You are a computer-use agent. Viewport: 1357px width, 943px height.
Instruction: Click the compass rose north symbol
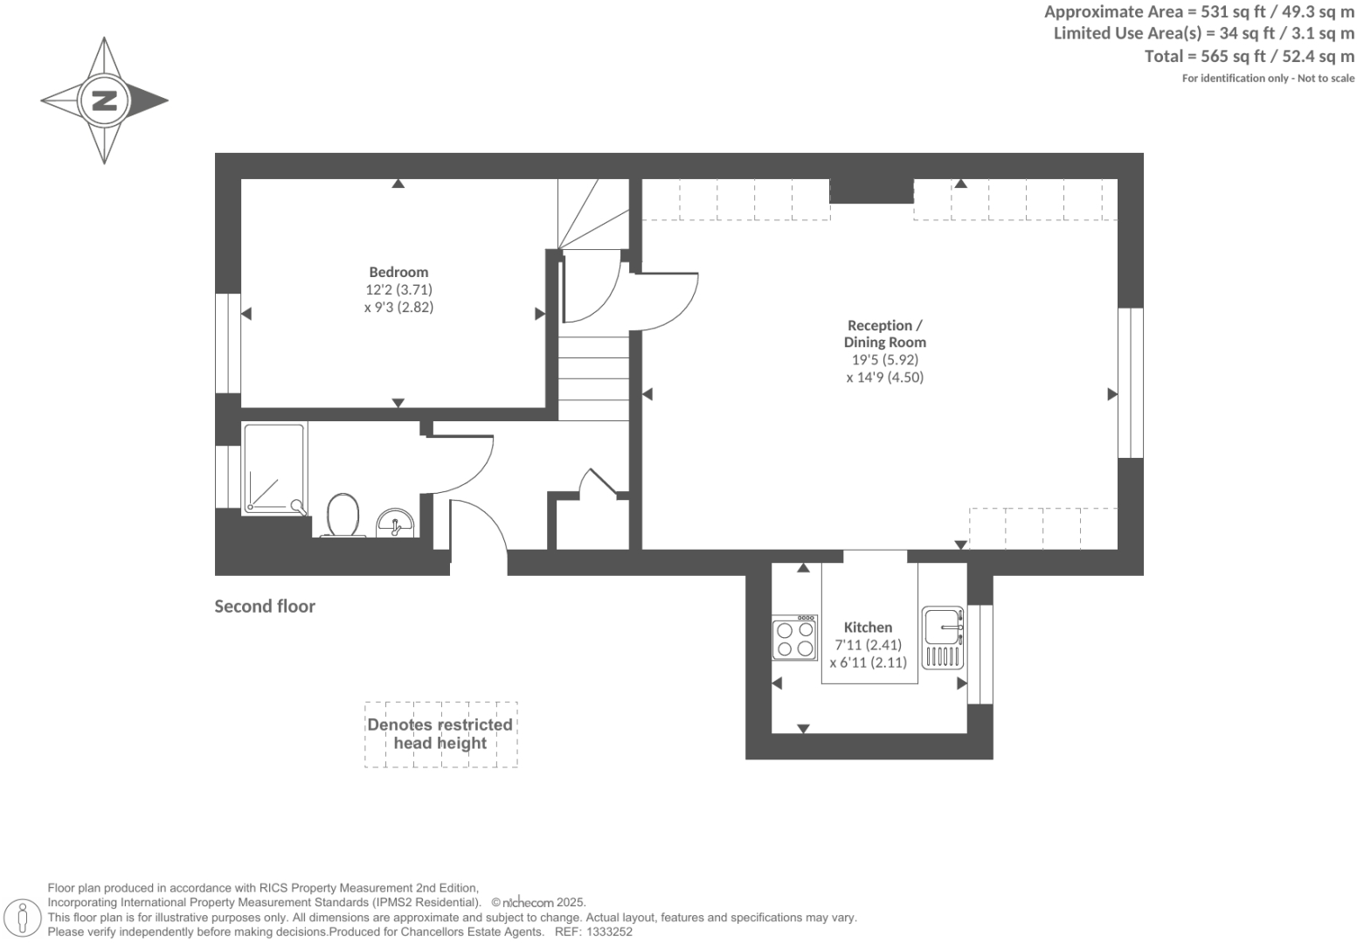104,100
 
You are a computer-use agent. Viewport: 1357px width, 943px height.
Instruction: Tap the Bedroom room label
398,272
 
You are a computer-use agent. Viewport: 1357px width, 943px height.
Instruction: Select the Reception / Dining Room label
884,334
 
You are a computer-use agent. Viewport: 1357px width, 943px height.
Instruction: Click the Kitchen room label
868,628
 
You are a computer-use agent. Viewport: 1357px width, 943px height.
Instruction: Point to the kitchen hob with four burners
794,638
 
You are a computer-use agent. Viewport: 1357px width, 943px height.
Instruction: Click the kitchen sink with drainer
943,637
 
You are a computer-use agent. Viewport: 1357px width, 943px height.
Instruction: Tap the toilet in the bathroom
343,516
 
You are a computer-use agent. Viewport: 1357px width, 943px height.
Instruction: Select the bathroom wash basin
395,524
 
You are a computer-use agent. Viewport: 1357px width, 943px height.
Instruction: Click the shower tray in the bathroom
274,468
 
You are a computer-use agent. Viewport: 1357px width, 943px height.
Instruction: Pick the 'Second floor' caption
265,607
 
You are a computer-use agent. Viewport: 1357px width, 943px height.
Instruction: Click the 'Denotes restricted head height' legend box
440,734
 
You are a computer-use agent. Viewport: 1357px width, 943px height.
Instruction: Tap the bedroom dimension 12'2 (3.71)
398,289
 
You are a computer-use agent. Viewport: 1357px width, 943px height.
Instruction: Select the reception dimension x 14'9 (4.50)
884,378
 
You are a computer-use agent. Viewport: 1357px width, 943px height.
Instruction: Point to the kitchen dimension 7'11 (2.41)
868,645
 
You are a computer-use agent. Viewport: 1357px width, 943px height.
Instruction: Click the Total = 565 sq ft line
1249,56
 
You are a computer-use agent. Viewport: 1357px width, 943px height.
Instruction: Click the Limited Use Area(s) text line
1203,33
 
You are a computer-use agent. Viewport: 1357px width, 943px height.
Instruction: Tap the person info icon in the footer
24,918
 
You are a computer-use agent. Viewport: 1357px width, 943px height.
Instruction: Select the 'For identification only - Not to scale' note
1268,79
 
